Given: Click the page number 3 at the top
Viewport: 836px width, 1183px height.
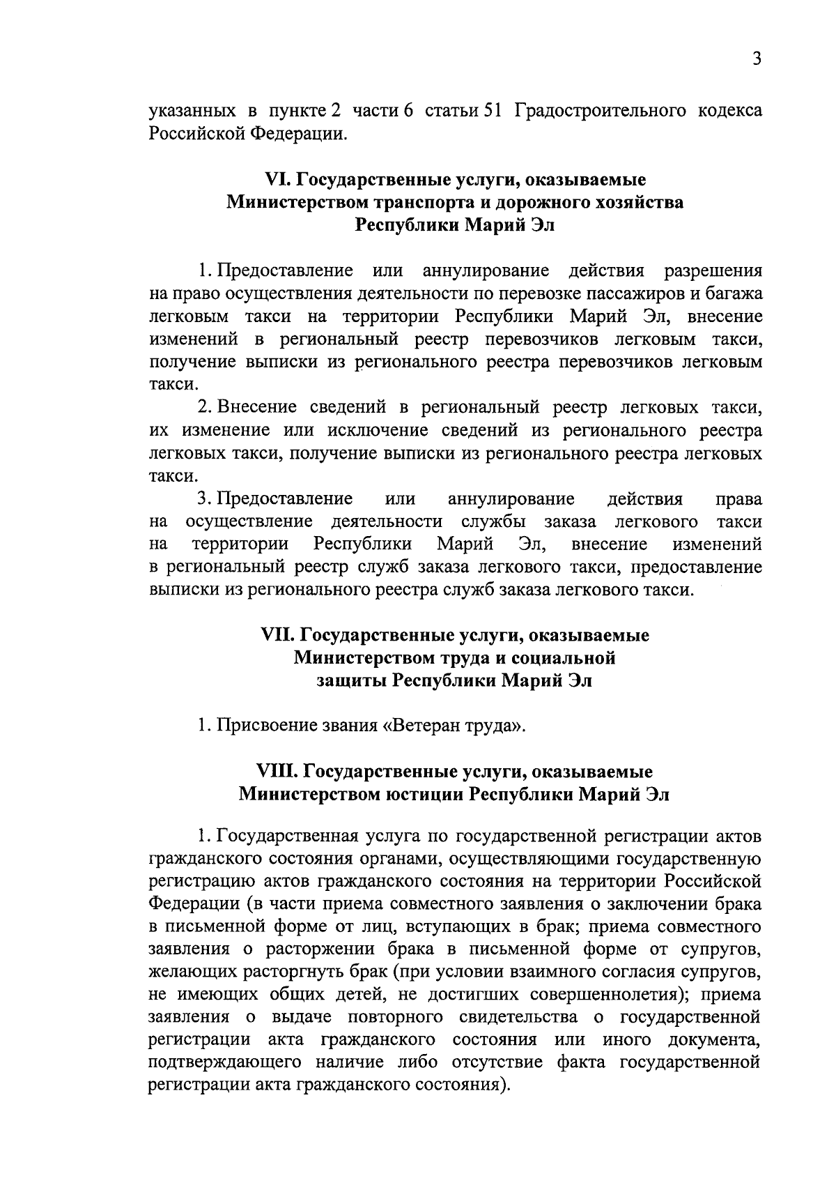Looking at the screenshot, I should point(756,58).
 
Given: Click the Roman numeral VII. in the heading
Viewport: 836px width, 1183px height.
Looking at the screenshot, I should point(278,635).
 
